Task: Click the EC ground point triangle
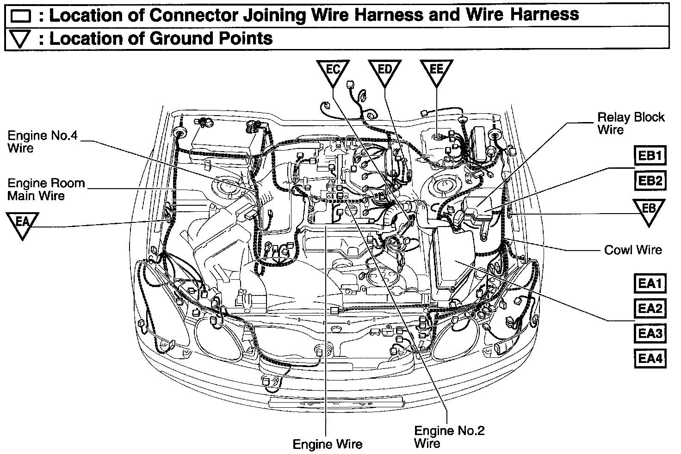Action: [333, 72]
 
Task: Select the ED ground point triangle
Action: [385, 72]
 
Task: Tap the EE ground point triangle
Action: [437, 72]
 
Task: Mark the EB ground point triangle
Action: [649, 211]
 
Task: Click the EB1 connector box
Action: [650, 156]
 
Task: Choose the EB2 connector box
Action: [650, 181]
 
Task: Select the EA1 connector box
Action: [650, 282]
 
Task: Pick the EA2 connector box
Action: [650, 307]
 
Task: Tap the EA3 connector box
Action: [650, 333]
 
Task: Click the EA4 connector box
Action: [650, 358]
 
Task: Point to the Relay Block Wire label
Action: [630, 123]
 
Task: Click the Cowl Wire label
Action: [633, 250]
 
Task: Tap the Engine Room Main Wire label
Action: [46, 189]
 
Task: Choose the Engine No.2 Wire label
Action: [449, 437]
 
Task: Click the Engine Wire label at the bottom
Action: [328, 444]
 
